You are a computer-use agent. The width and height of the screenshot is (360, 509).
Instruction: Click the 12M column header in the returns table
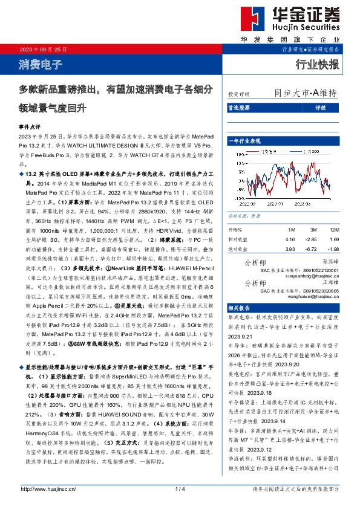(335, 230)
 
